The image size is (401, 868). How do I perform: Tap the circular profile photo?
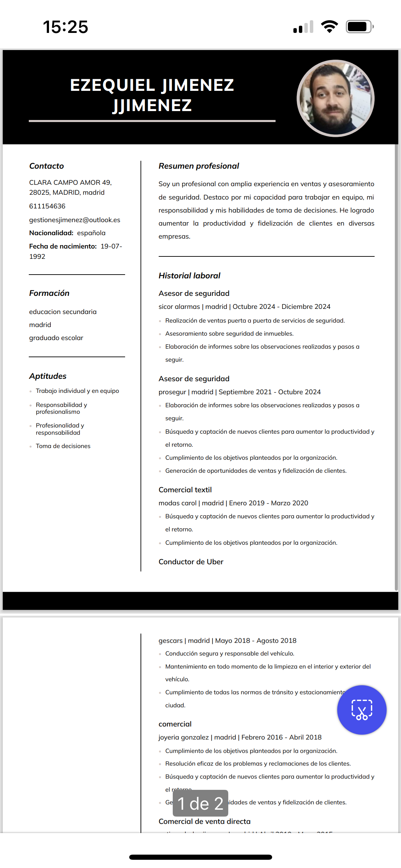[x=335, y=98]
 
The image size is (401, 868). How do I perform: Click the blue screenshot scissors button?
[x=362, y=710]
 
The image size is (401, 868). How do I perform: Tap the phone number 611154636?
[x=47, y=206]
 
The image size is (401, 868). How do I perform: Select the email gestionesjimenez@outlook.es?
[x=75, y=220]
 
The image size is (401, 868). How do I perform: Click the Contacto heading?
[x=47, y=166]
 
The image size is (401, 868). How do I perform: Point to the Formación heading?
[x=49, y=293]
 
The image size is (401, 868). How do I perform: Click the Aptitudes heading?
[x=48, y=376]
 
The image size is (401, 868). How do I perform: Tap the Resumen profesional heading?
[x=199, y=166]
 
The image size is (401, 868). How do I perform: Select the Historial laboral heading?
[x=190, y=276]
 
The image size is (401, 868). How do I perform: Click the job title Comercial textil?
[x=185, y=490]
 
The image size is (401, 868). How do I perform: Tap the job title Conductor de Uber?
[x=191, y=562]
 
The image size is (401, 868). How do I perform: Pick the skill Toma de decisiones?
[x=63, y=446]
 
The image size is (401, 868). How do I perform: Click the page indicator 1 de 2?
[x=200, y=804]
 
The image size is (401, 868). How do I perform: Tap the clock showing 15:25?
[x=65, y=27]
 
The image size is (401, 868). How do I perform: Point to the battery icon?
[x=359, y=27]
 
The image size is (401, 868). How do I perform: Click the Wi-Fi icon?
[x=329, y=27]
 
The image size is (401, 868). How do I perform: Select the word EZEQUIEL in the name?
[x=113, y=85]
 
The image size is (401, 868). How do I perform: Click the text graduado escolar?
[x=56, y=338]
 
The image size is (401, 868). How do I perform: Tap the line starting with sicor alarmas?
[x=244, y=306]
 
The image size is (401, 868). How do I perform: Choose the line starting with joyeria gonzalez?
[x=240, y=737]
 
